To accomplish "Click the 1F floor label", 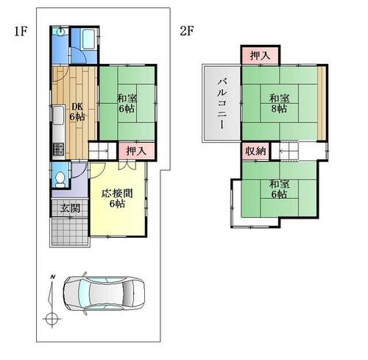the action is tap(20, 32).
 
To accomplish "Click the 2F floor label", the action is tap(187, 31).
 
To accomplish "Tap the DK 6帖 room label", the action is tap(77, 112).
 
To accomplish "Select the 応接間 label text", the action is tap(117, 194).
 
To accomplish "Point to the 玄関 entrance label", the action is tap(70, 208).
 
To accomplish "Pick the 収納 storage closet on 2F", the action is tap(255, 151).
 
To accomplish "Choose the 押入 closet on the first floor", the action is tap(136, 151).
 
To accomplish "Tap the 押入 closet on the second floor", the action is tap(260, 55).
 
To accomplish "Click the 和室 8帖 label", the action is tap(279, 103).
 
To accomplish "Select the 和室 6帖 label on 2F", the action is tap(279, 189).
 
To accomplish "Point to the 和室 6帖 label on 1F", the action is tap(127, 103).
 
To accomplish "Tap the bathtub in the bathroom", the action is tap(88, 39).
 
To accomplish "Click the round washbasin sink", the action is tap(60, 31).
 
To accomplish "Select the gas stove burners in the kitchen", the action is tap(59, 149).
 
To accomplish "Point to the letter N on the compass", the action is tap(52, 277).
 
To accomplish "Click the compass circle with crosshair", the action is tap(52, 320).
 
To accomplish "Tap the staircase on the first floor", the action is tap(102, 151).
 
